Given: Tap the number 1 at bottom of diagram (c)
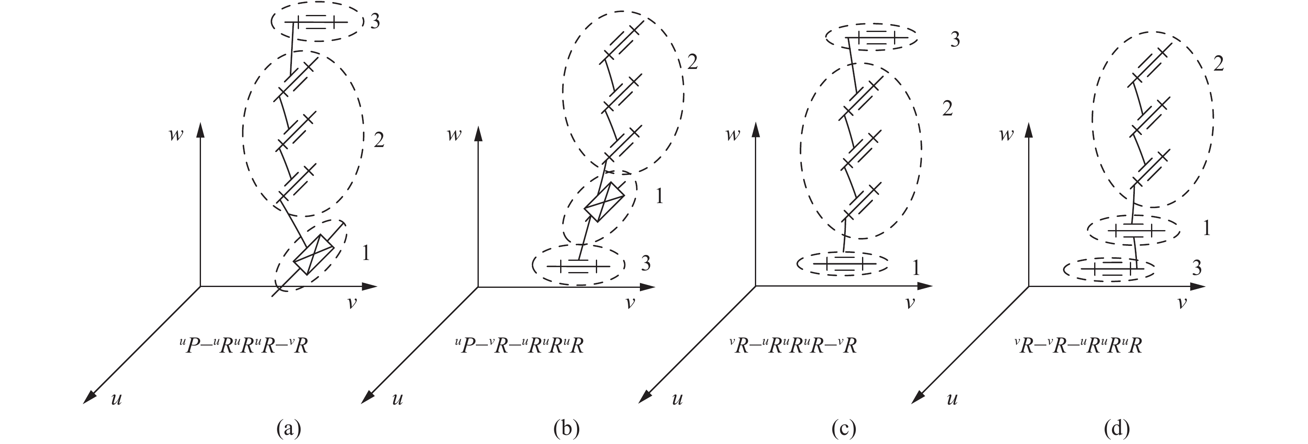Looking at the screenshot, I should [x=916, y=268].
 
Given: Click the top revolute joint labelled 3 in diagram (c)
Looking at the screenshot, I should [x=871, y=38].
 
